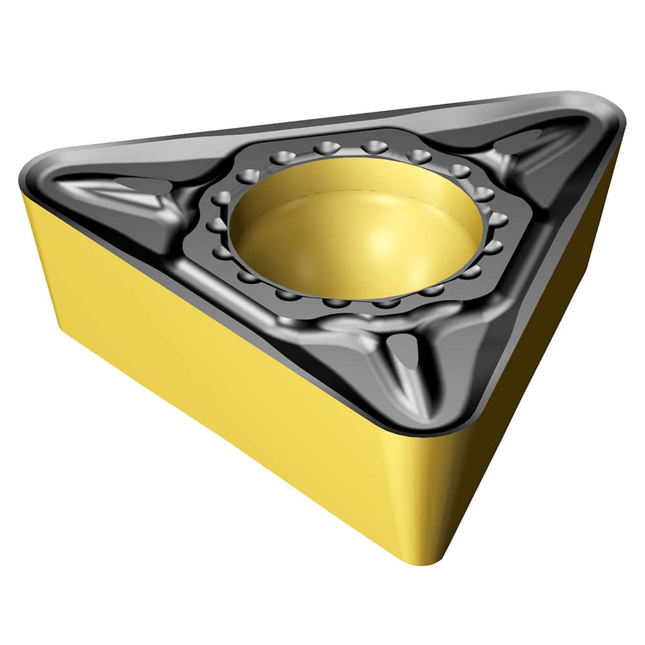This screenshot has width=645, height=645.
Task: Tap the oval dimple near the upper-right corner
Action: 526,139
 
